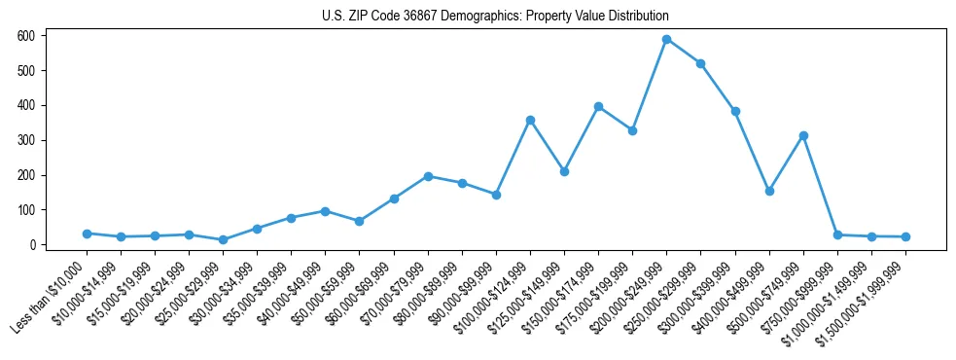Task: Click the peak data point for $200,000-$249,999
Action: point(666,39)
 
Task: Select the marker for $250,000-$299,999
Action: point(700,63)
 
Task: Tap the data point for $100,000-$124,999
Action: point(530,120)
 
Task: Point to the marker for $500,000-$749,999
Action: point(803,135)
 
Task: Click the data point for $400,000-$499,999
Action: point(769,191)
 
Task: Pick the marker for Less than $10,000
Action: point(87,234)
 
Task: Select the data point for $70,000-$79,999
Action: point(428,176)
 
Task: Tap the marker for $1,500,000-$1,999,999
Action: point(905,236)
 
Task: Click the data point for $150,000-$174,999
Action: point(598,106)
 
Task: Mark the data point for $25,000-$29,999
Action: point(223,239)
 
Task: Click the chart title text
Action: point(495,17)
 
